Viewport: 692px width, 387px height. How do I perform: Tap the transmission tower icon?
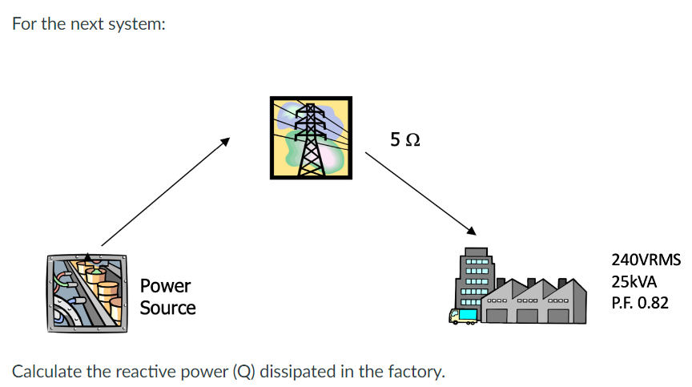tap(310, 138)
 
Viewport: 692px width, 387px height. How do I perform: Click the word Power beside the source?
tap(165, 286)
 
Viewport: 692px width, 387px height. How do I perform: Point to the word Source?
tap(167, 308)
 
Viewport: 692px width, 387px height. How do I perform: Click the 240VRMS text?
tap(646, 260)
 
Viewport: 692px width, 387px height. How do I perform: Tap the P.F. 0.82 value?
tap(639, 304)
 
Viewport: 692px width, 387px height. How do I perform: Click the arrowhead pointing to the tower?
tap(226, 142)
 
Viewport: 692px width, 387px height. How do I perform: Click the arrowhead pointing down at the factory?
tap(472, 232)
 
